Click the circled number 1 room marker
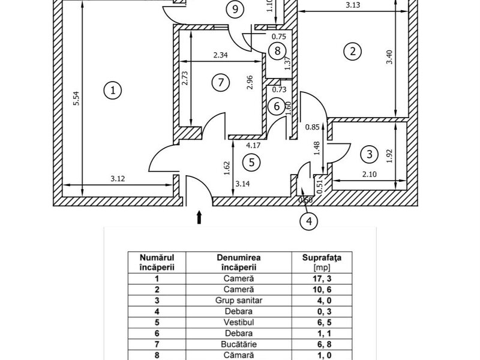point(113,91)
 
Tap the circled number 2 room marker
point(353,51)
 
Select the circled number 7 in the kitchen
point(221,82)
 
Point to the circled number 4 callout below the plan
point(309,221)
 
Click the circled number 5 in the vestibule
point(251,162)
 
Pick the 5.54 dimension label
point(77,98)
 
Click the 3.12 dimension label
point(118,178)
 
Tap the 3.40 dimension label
point(389,57)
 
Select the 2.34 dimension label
point(221,55)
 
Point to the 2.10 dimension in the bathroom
point(370,175)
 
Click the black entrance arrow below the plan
point(199,217)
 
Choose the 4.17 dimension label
point(254,145)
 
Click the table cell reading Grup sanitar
point(239,301)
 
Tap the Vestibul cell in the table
point(239,322)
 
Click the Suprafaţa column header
point(322,257)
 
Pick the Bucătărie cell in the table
point(239,344)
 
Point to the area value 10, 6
point(322,290)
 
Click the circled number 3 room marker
point(370,154)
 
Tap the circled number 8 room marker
point(277,50)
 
